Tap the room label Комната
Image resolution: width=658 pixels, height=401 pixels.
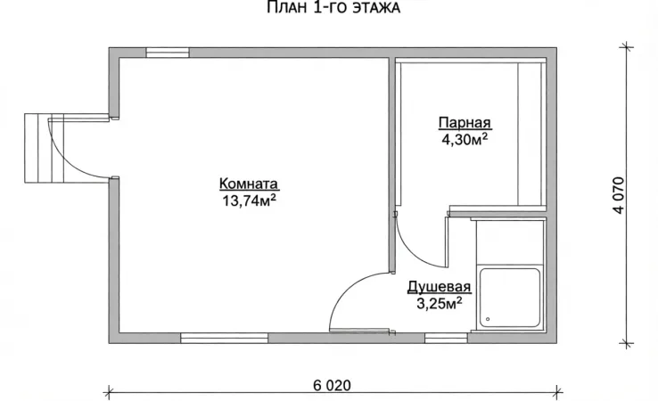(x=249, y=184)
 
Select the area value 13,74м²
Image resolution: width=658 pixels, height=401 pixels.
(x=249, y=200)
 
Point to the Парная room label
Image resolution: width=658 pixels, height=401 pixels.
(x=464, y=123)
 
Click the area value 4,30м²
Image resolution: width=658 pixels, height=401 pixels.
(x=464, y=140)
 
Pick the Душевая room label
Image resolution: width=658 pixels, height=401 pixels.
(x=439, y=288)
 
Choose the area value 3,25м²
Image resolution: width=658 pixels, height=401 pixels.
(x=439, y=304)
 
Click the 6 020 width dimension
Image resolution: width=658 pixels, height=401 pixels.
(x=332, y=386)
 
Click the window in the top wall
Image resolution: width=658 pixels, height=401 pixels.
(x=167, y=53)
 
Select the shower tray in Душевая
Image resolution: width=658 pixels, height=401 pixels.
(x=508, y=299)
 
